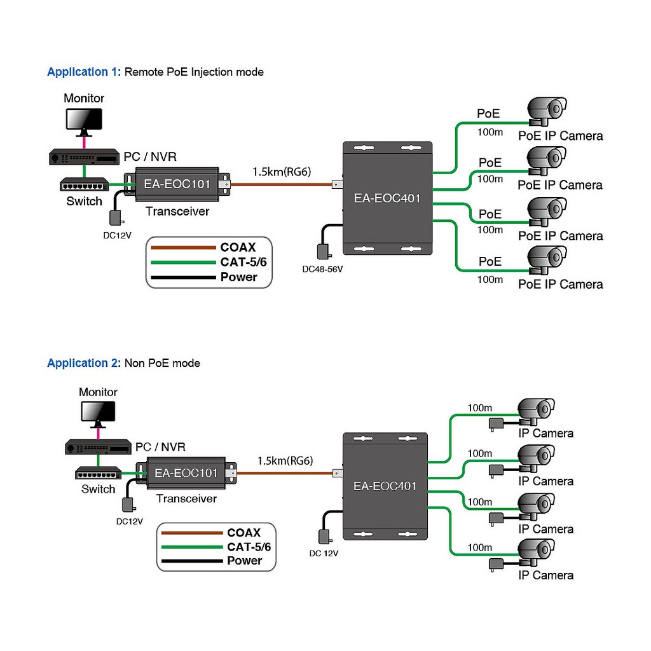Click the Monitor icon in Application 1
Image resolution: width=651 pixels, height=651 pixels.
tap(84, 120)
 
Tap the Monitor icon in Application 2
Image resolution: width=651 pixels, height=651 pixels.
tap(99, 413)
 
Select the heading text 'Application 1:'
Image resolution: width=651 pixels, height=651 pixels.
tap(83, 72)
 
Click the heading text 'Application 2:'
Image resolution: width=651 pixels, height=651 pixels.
tap(83, 363)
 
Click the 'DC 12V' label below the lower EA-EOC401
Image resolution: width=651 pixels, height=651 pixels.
tap(324, 553)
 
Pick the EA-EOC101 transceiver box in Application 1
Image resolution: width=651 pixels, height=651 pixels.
tap(177, 185)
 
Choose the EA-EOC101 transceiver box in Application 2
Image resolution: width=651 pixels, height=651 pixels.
tap(186, 473)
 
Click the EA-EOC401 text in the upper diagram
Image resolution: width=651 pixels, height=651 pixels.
tap(387, 198)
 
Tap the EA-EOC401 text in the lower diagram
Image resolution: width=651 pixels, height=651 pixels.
tap(385, 486)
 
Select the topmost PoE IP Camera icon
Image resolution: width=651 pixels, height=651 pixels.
tap(547, 109)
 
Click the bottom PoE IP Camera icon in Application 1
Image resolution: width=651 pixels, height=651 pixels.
tap(547, 260)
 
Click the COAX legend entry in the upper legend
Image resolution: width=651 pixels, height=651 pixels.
tap(238, 247)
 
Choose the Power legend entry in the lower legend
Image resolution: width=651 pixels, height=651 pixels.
tap(244, 560)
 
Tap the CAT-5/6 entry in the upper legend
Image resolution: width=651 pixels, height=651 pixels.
tap(238, 262)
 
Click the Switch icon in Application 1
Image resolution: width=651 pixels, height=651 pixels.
tap(84, 185)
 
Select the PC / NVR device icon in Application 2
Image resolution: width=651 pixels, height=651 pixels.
tap(98, 447)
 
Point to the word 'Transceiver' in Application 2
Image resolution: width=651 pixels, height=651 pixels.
tap(186, 498)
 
